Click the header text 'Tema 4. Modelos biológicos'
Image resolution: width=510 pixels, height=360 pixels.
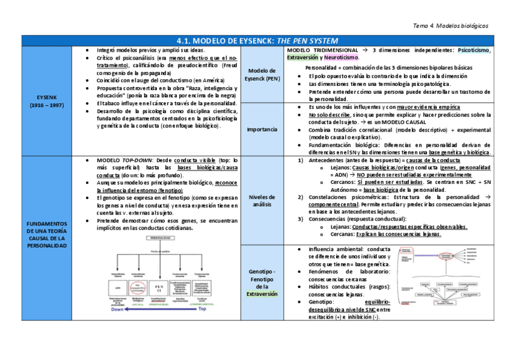(x=451, y=26)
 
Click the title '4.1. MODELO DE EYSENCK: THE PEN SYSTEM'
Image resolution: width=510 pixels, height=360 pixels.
(x=255, y=40)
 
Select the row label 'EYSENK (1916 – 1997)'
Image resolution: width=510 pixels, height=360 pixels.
(x=50, y=100)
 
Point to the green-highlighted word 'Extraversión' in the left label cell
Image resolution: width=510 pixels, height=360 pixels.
(x=262, y=294)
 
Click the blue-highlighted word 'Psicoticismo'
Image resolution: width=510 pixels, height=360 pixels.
(x=473, y=50)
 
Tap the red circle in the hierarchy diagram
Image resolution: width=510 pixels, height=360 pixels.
(x=138, y=287)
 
